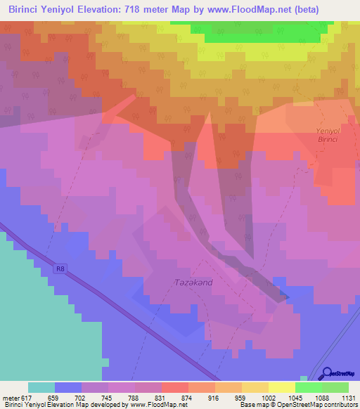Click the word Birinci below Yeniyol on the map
point(328,140)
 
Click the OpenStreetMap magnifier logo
point(326,373)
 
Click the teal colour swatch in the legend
point(41,387)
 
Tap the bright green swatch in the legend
point(308,387)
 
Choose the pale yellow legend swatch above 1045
point(281,387)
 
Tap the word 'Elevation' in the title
point(94,10)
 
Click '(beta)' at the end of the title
point(298,10)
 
